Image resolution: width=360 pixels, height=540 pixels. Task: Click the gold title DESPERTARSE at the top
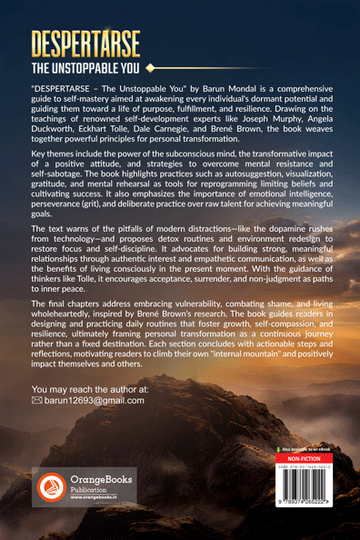(98, 45)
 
